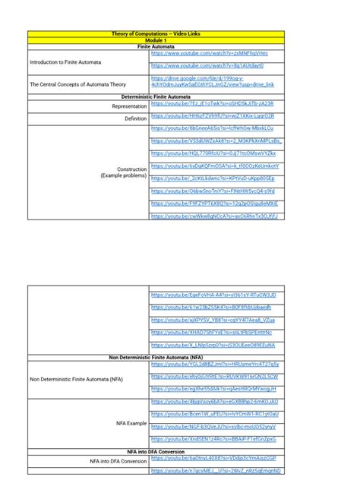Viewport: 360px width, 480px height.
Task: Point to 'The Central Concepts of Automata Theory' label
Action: (x=77, y=84)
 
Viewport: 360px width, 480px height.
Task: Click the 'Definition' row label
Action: (x=135, y=118)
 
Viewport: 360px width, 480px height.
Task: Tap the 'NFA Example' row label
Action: (x=131, y=423)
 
